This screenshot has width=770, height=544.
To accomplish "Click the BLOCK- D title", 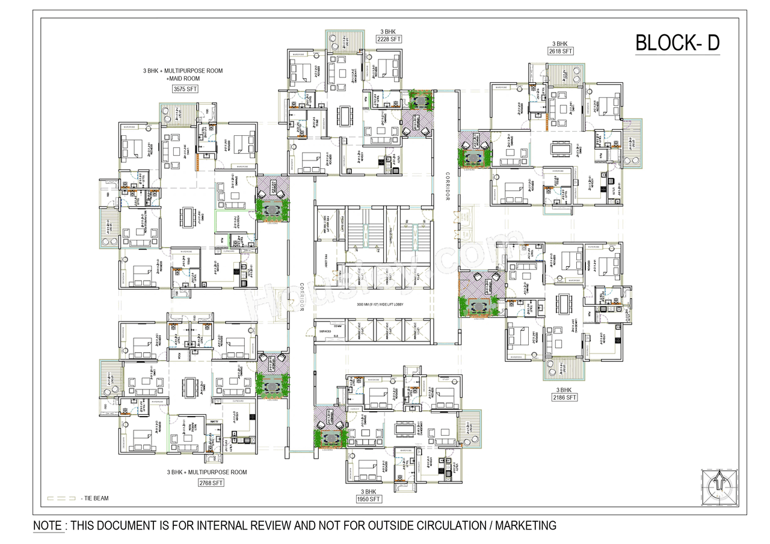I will click(x=677, y=43).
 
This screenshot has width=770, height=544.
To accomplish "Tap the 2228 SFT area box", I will click(x=388, y=39).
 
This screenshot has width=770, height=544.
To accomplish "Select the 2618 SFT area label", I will click(x=560, y=52).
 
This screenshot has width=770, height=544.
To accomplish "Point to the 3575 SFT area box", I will click(x=185, y=89).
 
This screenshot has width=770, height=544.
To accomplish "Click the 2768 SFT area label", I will click(x=210, y=482).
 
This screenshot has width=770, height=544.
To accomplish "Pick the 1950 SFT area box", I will click(x=368, y=499).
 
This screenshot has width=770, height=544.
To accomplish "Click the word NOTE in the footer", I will click(x=48, y=525).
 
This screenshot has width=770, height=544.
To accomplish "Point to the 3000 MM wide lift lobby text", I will click(x=372, y=305).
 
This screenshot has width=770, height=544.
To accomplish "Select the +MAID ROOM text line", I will click(x=183, y=78).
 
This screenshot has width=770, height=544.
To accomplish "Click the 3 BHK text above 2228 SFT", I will click(x=388, y=30).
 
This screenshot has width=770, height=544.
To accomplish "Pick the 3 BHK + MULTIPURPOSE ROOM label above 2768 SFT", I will click(x=207, y=472).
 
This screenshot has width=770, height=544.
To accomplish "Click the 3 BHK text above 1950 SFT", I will click(x=368, y=490).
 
